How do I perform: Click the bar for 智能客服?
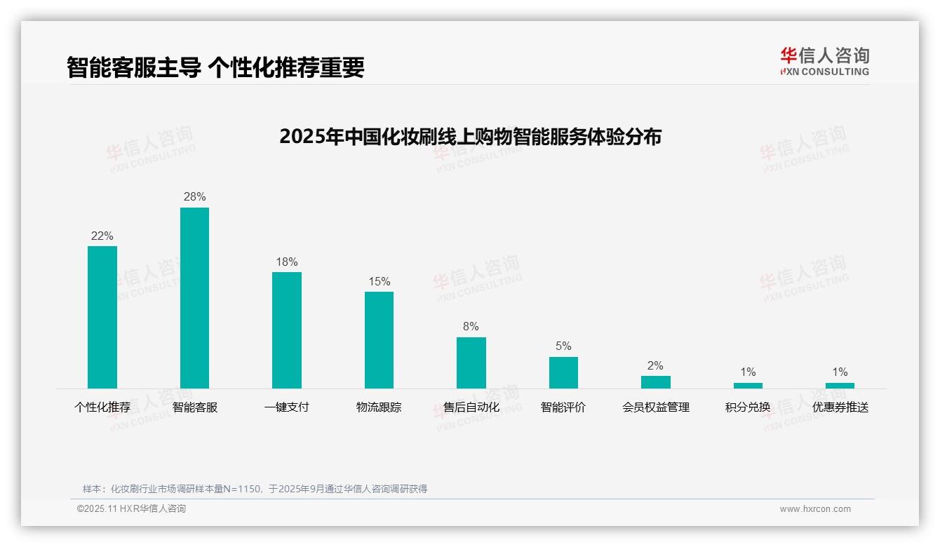(x=194, y=297)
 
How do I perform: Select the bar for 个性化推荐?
(x=102, y=317)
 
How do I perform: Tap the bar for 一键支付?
(x=287, y=330)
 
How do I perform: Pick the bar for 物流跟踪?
(x=379, y=339)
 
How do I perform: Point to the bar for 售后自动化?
(x=471, y=363)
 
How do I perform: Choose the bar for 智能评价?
(x=563, y=372)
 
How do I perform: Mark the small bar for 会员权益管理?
(x=655, y=382)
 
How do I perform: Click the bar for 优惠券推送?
(x=840, y=386)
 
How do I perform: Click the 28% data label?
(x=194, y=197)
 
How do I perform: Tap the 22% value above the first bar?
(x=102, y=236)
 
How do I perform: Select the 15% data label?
(x=379, y=282)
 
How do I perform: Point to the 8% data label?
(x=471, y=327)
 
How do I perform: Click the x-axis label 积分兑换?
(x=748, y=407)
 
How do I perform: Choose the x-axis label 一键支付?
(x=287, y=407)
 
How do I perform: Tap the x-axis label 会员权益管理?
(x=655, y=407)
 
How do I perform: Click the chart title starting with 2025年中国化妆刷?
(x=470, y=137)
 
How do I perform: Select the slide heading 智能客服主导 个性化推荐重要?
(x=215, y=67)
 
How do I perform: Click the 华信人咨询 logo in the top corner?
(x=824, y=61)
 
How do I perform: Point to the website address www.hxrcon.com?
(x=815, y=509)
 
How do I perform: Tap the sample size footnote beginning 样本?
(x=255, y=489)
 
